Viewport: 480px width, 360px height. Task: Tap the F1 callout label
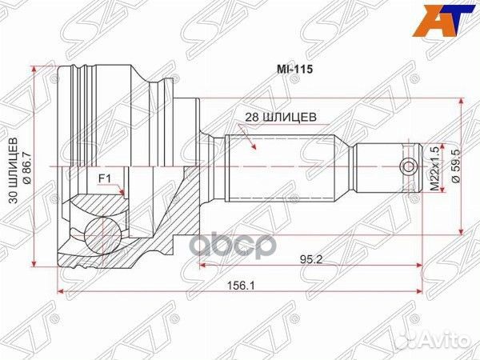(104, 178)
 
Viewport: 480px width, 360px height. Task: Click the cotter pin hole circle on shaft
(409, 166)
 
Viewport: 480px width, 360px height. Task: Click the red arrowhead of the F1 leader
(122, 193)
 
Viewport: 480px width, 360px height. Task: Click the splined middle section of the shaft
(280, 166)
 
